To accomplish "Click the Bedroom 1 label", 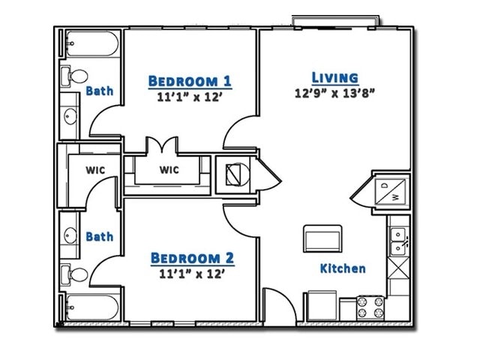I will pos(190,81).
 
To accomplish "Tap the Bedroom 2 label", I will pos(192,259).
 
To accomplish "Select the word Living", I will pos(334,78).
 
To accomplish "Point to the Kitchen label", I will pos(343,268).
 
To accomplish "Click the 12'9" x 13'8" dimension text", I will pos(334,94).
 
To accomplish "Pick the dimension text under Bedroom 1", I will pos(190,97).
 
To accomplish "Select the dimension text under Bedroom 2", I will pos(192,274).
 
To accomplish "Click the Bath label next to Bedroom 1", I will pos(99,91).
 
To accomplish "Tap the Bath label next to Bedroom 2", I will pos(99,236).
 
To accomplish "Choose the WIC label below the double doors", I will pos(169,169).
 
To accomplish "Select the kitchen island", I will pos(322,239).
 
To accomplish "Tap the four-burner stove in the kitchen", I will pos(370,307).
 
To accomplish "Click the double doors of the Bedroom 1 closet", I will pos(162,145).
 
